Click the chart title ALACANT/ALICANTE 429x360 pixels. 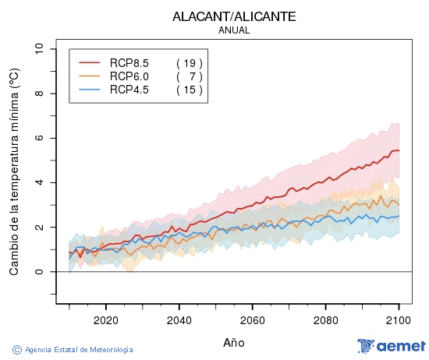pyautogui.click(x=234, y=16)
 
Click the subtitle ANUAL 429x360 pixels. pyautogui.click(x=234, y=30)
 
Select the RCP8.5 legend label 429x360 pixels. pyautogui.click(x=129, y=62)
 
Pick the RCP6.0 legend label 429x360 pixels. pyautogui.click(x=129, y=76)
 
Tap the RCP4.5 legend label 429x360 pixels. pyautogui.click(x=129, y=90)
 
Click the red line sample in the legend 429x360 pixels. pyautogui.click(x=90, y=62)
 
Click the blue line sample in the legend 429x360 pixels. pyautogui.click(x=90, y=90)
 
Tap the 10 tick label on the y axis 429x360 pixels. pyautogui.click(x=40, y=49)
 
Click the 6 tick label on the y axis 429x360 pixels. pyautogui.click(x=40, y=138)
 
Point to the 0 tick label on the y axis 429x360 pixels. pyautogui.click(x=40, y=272)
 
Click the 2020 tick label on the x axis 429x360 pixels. pyautogui.click(x=105, y=319)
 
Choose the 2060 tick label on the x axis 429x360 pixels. pyautogui.click(x=252, y=319)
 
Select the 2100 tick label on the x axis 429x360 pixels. pyautogui.click(x=399, y=319)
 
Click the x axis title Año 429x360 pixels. pyautogui.click(x=234, y=342)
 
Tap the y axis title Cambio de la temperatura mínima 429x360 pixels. pyautogui.click(x=13, y=171)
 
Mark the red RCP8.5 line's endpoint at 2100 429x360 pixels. pyautogui.click(x=399, y=150)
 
